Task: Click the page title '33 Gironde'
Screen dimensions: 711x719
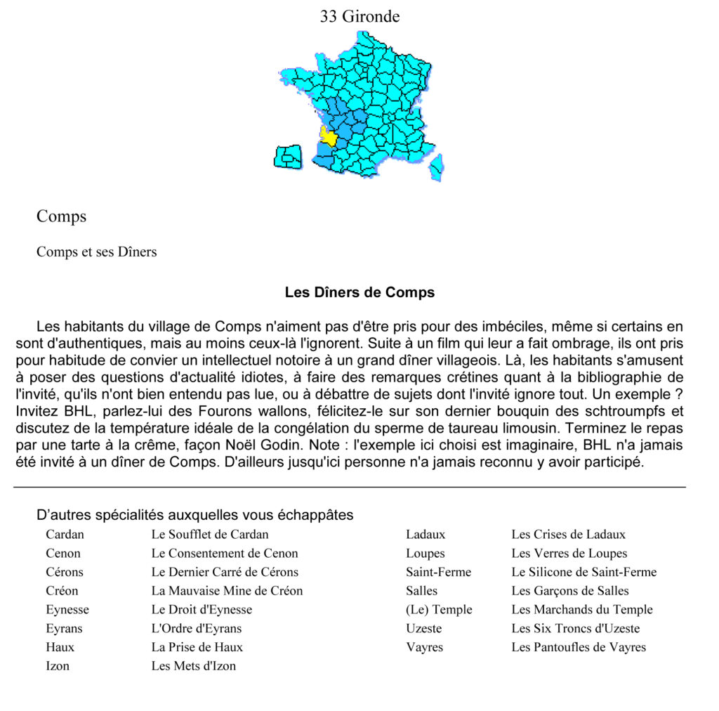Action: pos(359,16)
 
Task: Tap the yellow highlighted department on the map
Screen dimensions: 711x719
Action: pos(328,136)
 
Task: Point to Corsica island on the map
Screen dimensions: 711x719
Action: pos(436,167)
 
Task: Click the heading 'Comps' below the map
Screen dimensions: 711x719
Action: pos(62,216)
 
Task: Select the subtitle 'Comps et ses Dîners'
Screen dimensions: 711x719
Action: pos(97,252)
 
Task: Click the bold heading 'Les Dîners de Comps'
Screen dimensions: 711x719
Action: pos(359,292)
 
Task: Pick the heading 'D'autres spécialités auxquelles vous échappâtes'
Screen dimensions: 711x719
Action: pos(194,515)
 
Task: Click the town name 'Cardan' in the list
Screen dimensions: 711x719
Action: pos(65,535)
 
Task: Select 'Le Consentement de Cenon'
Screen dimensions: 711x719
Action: pos(225,554)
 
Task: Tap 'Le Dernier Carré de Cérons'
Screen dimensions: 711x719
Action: pos(225,572)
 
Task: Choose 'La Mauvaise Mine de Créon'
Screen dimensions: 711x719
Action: pos(227,591)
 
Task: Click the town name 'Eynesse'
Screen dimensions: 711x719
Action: pos(67,610)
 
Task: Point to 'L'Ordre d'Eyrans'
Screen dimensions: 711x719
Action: pos(197,628)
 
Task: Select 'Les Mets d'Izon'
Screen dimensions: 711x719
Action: pos(194,666)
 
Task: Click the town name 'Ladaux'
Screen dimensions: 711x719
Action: pos(426,535)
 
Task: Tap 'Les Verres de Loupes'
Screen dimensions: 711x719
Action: pos(569,554)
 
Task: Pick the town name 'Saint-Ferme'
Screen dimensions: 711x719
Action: pos(438,572)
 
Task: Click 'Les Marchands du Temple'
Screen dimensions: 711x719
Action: pos(582,610)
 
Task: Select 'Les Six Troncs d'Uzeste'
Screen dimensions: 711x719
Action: pos(576,628)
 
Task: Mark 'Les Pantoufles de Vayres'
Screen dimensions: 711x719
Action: pos(579,647)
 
